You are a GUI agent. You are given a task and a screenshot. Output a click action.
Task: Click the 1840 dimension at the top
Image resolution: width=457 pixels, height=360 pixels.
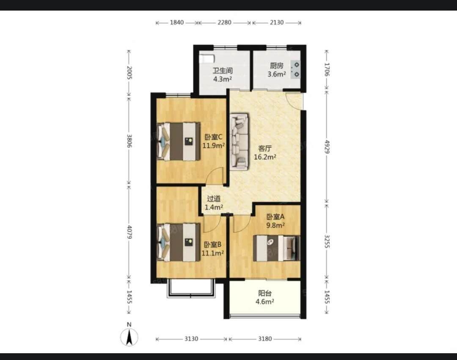(x=176, y=22)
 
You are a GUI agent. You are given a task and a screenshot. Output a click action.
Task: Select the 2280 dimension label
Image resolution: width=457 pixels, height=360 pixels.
(x=224, y=22)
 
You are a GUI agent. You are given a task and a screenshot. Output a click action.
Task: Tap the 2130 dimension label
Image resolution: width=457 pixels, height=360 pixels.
(x=277, y=22)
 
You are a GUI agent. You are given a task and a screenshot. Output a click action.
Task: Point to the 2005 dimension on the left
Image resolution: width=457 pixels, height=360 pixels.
(x=129, y=72)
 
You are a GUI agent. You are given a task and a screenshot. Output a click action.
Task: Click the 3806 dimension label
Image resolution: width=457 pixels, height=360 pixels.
(x=129, y=141)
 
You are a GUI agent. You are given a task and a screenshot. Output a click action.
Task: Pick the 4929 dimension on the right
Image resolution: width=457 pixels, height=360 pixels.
(x=327, y=147)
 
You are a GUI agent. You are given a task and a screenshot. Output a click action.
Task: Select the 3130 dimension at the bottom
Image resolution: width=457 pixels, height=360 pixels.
(x=191, y=339)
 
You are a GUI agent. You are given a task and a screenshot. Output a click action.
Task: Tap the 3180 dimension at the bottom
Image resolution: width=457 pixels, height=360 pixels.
(x=265, y=339)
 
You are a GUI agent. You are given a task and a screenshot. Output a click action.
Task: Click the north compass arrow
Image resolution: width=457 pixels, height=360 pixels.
(x=129, y=337)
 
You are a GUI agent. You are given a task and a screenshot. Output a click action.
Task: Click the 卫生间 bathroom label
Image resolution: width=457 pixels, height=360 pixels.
(x=223, y=71)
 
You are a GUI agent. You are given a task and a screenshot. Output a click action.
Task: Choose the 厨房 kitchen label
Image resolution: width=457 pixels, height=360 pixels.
(x=276, y=66)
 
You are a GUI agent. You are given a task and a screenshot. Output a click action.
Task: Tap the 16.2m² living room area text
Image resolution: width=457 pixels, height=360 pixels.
(x=265, y=157)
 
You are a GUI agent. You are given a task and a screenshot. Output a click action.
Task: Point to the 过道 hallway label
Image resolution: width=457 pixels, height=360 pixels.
(x=214, y=199)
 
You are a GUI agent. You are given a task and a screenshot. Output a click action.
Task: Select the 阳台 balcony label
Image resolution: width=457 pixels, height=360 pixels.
(x=264, y=293)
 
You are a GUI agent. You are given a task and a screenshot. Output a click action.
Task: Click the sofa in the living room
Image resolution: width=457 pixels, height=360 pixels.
(x=240, y=142)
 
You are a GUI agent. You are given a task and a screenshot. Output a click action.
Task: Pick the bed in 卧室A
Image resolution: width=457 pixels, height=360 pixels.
(x=277, y=248)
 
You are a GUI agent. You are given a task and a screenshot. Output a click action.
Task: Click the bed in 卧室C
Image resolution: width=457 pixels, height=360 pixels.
(x=179, y=142)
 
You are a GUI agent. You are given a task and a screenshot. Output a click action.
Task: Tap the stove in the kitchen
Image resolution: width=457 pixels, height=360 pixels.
(x=296, y=70)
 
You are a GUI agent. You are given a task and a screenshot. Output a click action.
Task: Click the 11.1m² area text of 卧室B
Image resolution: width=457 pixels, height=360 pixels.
(x=213, y=253)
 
